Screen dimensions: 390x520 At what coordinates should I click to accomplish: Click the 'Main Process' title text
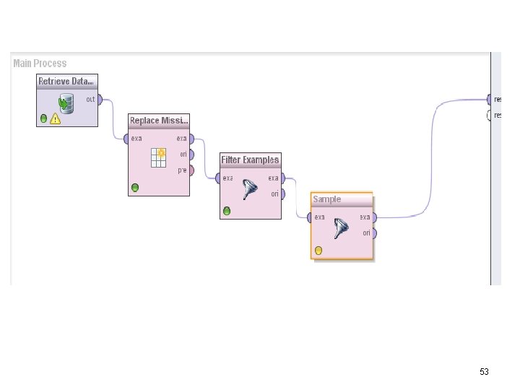(40, 64)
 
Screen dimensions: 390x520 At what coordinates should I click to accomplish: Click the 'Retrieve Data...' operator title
(66, 81)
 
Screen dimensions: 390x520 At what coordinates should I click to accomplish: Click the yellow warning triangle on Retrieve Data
(56, 118)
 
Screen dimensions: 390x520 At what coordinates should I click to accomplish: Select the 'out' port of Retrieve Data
(100, 100)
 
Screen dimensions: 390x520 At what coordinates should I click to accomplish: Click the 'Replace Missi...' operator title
(159, 120)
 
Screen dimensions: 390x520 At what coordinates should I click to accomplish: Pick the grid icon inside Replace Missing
(158, 157)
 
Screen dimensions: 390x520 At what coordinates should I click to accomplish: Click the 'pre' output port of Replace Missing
(191, 170)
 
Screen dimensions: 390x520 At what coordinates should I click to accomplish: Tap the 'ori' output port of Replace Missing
(191, 155)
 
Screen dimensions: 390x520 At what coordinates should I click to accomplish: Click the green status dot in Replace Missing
(135, 188)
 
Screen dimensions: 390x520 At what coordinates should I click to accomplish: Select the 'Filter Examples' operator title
(250, 160)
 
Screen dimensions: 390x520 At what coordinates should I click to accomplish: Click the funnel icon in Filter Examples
(251, 189)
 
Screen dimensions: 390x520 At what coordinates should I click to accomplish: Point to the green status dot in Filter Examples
(227, 211)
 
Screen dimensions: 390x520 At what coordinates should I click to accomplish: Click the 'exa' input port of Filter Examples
(219, 178)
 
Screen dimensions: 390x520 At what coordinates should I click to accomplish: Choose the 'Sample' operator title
(327, 199)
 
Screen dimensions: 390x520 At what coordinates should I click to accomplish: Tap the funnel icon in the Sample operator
(342, 229)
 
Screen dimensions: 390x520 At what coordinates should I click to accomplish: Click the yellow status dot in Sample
(318, 251)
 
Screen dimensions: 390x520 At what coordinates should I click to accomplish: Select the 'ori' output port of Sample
(374, 233)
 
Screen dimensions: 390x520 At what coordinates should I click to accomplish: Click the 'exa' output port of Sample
(374, 217)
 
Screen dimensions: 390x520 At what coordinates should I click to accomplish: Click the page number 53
(484, 372)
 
